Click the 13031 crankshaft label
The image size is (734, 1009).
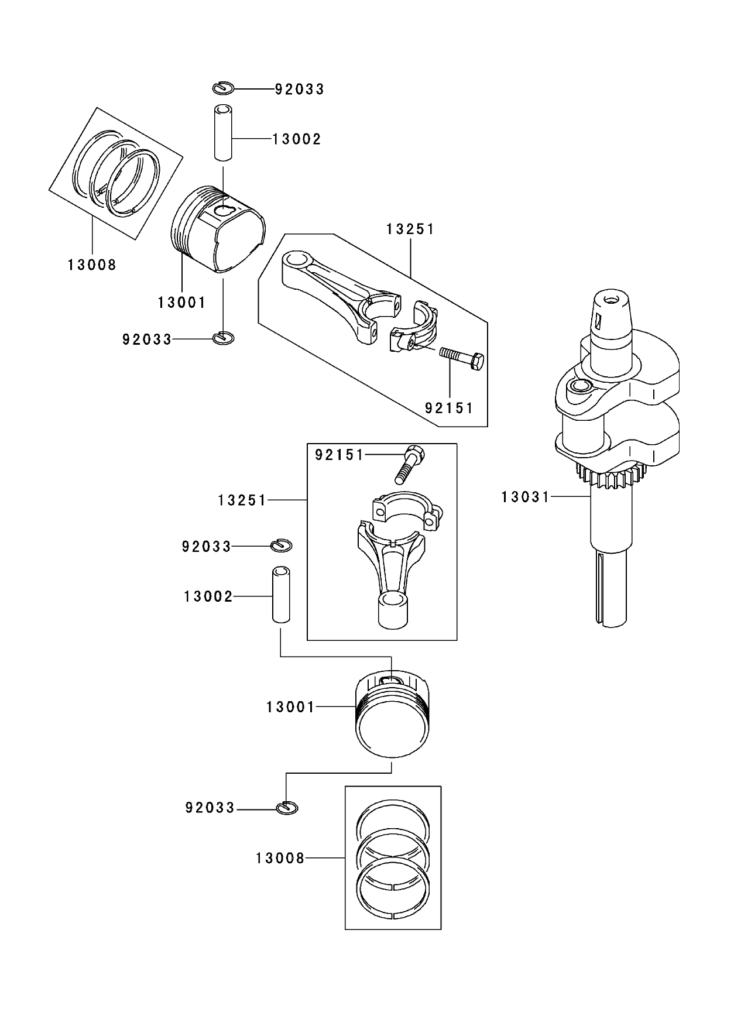click(525, 497)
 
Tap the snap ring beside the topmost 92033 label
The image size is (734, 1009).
click(223, 88)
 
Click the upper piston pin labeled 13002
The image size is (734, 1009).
click(222, 132)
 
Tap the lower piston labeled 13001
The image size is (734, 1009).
click(392, 714)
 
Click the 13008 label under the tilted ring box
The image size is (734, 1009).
click(92, 265)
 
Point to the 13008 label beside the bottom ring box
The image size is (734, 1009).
click(280, 859)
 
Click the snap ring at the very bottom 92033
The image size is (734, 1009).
click(287, 808)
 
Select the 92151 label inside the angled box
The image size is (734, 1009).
click(448, 408)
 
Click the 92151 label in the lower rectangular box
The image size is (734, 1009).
click(339, 455)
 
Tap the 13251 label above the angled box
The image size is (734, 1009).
click(410, 229)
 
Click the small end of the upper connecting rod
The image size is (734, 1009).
click(296, 260)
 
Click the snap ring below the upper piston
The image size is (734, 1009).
click(223, 338)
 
